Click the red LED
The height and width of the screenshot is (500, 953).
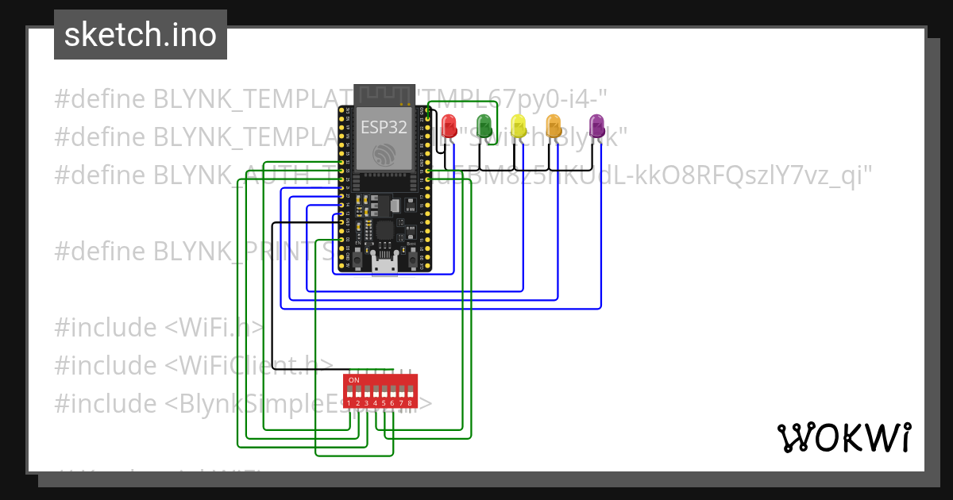pyautogui.click(x=449, y=125)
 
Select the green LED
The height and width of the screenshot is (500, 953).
pyautogui.click(x=483, y=125)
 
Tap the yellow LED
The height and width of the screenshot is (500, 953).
pyautogui.click(x=518, y=125)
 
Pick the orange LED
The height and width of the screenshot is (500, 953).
pyautogui.click(x=553, y=125)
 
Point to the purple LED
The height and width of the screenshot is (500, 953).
pyautogui.click(x=596, y=125)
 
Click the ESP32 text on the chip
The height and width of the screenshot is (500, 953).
pyautogui.click(x=384, y=127)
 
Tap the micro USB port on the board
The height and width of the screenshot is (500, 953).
pyautogui.click(x=384, y=265)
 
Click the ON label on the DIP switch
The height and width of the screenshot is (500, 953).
pyautogui.click(x=354, y=380)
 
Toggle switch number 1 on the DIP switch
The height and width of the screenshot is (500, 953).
pyautogui.click(x=349, y=393)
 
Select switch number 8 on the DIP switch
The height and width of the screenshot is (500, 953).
pyautogui.click(x=411, y=393)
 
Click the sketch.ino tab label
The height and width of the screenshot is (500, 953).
pyautogui.click(x=141, y=35)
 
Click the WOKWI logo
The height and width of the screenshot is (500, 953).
pyautogui.click(x=843, y=437)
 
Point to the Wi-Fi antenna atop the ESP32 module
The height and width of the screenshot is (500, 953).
pyautogui.click(x=384, y=94)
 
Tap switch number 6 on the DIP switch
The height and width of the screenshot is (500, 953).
pyautogui.click(x=393, y=393)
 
